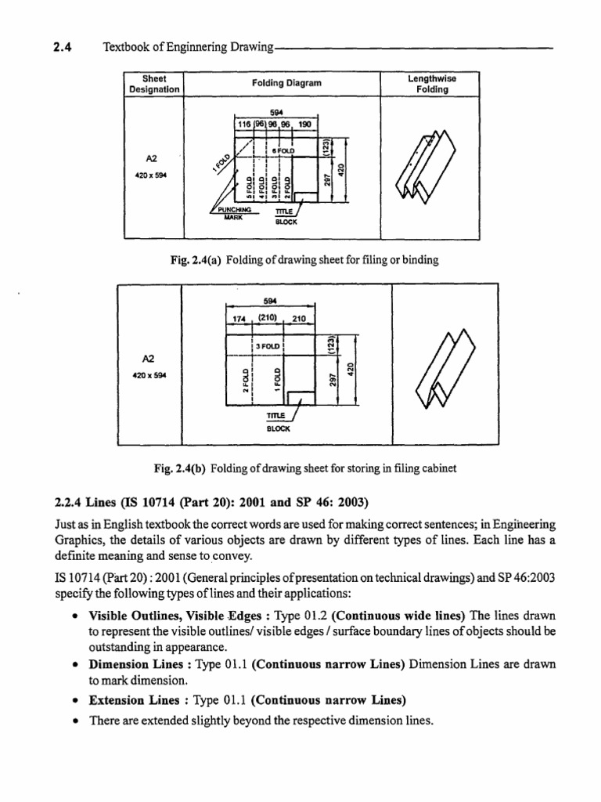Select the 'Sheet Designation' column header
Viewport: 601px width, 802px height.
pos(153,84)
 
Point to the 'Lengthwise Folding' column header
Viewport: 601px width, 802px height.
pos(432,84)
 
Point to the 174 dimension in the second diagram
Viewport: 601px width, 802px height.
pos(236,320)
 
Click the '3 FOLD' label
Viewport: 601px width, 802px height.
pos(268,345)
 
